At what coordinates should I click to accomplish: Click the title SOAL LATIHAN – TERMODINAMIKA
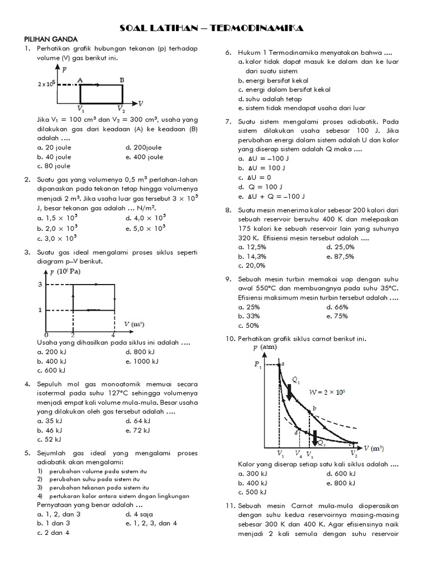(x=212, y=28)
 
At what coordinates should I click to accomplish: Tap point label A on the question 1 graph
(x=80, y=79)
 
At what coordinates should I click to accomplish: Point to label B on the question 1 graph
(x=122, y=79)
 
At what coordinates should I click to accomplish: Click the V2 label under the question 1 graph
(x=121, y=109)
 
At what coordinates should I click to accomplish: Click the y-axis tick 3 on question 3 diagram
(x=40, y=285)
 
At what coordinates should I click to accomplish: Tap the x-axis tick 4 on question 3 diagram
(x=113, y=335)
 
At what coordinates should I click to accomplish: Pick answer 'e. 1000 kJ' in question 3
(x=142, y=361)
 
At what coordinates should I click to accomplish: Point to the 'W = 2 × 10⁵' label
(x=327, y=393)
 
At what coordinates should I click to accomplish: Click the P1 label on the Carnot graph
(x=257, y=365)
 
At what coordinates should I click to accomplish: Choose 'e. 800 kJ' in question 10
(x=341, y=483)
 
